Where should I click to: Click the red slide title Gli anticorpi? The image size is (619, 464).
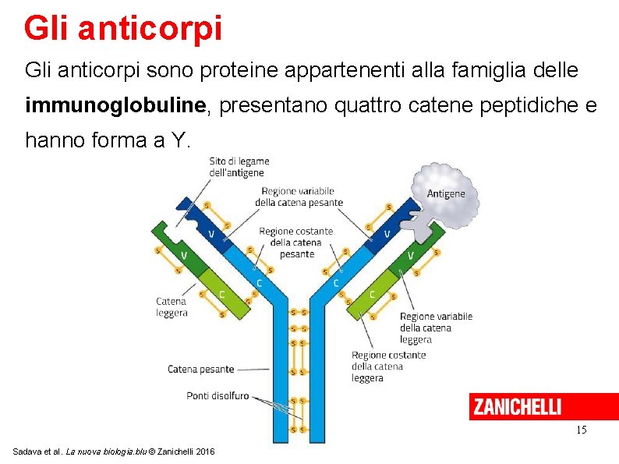tap(122, 27)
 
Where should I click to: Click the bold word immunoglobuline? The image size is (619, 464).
tap(117, 106)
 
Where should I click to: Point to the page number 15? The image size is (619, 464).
tap(581, 430)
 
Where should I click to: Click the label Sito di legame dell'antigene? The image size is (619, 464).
tap(238, 167)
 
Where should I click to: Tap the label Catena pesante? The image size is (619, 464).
tap(200, 369)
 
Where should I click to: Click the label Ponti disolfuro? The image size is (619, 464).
tap(218, 395)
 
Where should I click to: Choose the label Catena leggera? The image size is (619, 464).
tap(172, 306)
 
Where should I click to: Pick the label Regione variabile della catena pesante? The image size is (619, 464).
tap(299, 197)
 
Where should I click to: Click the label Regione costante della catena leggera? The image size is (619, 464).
tap(388, 366)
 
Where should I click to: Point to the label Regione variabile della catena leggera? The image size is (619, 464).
tap(436, 328)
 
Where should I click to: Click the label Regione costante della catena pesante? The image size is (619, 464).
tap(296, 242)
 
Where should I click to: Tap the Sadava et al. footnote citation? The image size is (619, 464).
tap(114, 452)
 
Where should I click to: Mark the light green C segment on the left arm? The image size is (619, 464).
tap(223, 294)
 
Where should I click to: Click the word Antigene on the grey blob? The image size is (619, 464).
tap(446, 193)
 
